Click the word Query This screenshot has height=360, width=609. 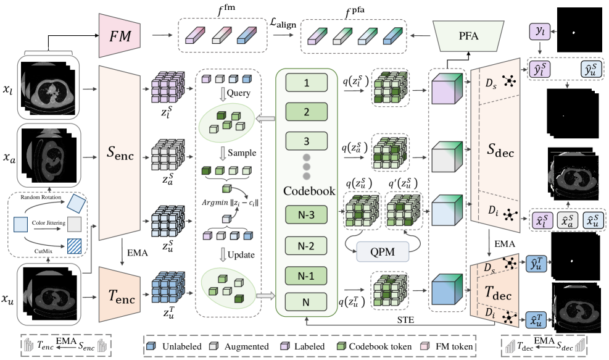tap(238, 93)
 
